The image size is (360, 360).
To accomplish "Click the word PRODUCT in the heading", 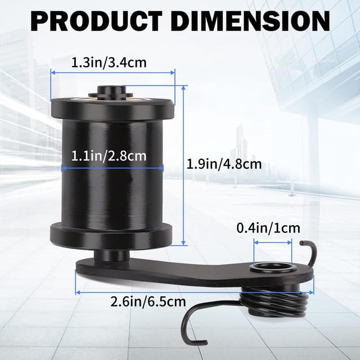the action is (x=96, y=21).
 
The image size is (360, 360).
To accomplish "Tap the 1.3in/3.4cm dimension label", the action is (x=109, y=62).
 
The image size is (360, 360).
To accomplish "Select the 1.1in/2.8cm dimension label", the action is (x=109, y=156).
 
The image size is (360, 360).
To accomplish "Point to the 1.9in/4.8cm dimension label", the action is (x=224, y=164).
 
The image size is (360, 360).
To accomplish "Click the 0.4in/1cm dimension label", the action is (x=268, y=228).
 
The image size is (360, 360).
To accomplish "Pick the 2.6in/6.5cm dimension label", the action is (x=148, y=301).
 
